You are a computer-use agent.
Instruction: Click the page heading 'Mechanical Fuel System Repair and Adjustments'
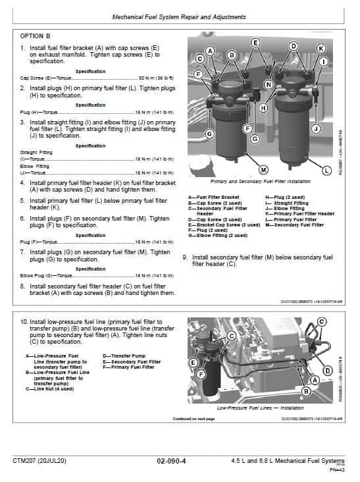coord(180,16)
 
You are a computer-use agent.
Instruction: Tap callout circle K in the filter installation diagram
coord(321,49)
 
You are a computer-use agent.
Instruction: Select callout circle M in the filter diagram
coord(264,170)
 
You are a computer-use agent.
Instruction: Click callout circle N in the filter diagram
coord(268,84)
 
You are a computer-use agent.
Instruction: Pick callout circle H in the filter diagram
coord(263,107)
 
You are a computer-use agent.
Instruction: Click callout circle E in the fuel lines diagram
coord(193,363)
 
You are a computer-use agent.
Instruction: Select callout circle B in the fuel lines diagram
coord(305,390)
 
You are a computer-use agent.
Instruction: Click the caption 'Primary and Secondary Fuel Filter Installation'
coord(260,180)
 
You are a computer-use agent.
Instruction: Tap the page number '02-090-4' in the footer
coord(171,461)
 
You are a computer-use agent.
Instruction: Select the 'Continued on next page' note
coord(193,418)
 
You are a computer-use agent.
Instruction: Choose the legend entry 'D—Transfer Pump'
coord(120,356)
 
